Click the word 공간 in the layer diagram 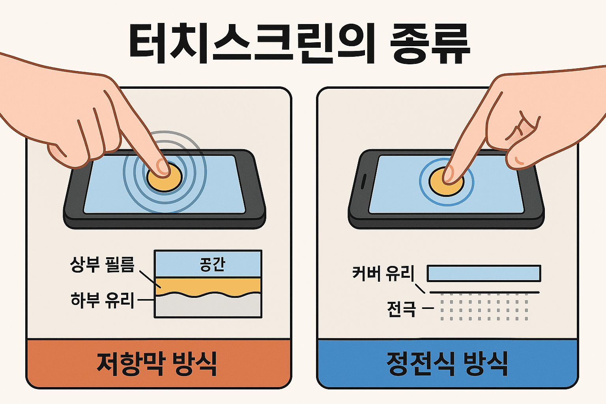[x=212, y=264]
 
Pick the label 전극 [x=401, y=309]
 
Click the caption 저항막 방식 [x=157, y=363]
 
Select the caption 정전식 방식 [x=447, y=363]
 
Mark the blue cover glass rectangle [x=484, y=273]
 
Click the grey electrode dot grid [x=484, y=310]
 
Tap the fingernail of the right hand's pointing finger [x=448, y=174]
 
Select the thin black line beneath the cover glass [x=484, y=292]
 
